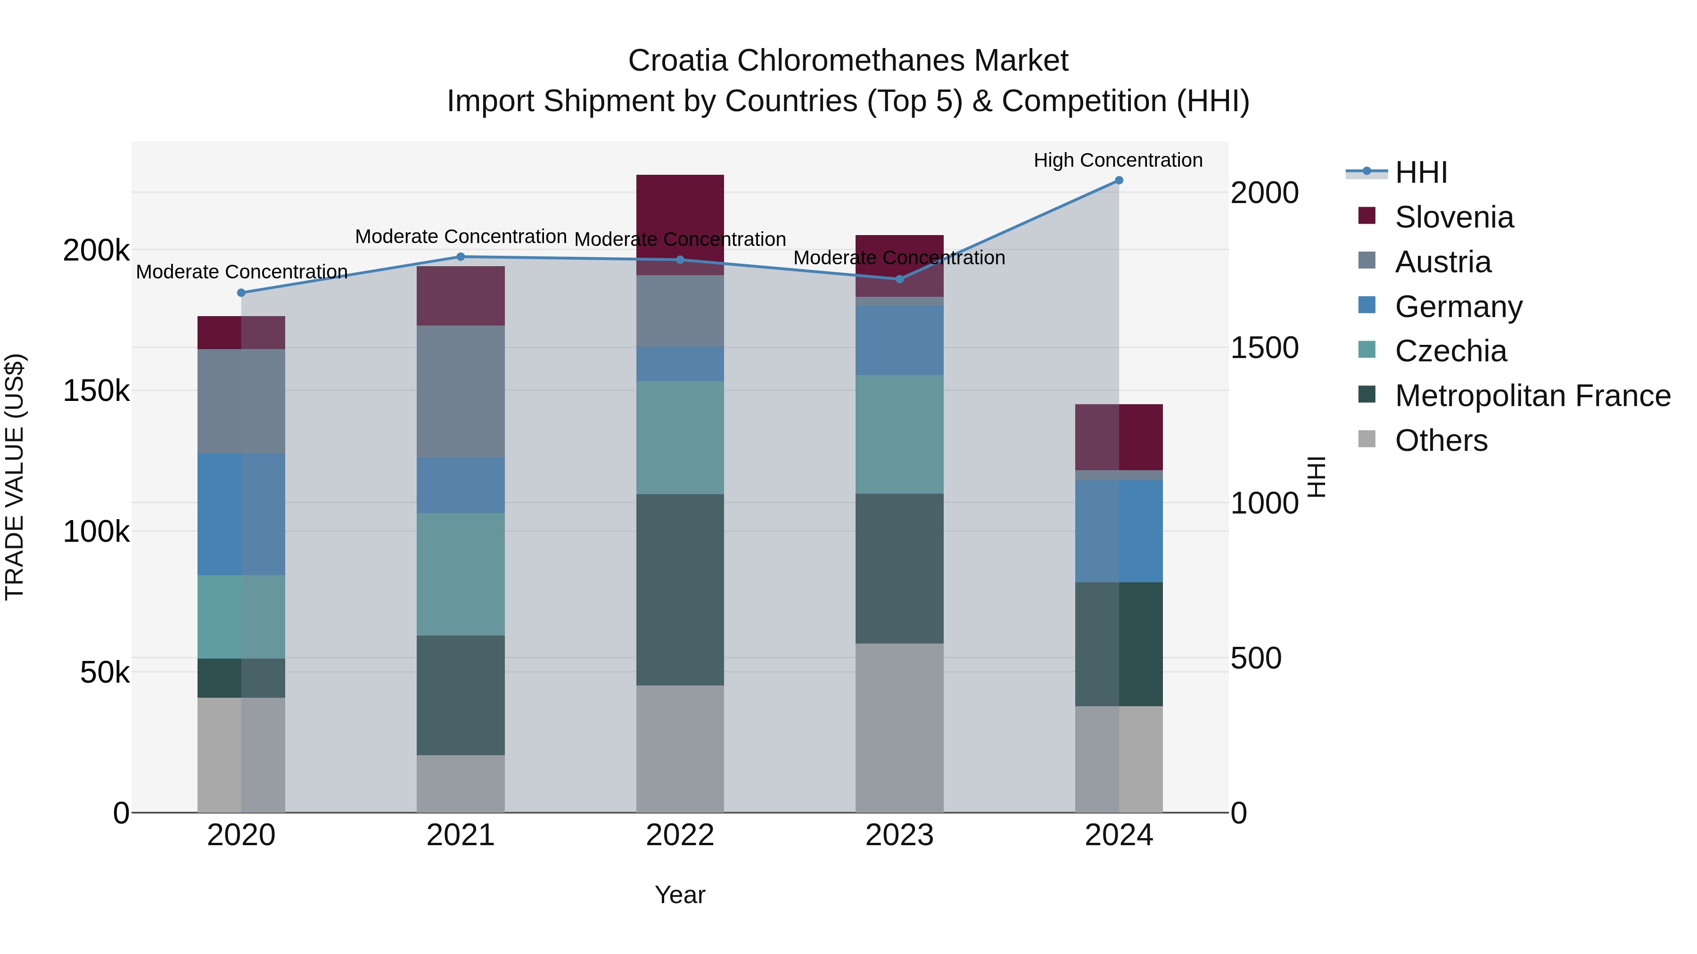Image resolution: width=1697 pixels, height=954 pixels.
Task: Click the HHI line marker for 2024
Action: (1119, 180)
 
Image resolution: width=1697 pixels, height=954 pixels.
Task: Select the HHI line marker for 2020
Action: (241, 293)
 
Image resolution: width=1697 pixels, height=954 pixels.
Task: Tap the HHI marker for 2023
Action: (899, 279)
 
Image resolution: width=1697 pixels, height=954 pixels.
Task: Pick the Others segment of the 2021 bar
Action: (461, 783)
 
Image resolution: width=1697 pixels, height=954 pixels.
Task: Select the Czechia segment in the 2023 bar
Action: (899, 434)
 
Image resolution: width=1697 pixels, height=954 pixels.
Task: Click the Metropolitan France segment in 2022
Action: (680, 589)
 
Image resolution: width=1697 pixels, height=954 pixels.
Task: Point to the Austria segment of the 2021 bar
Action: (461, 392)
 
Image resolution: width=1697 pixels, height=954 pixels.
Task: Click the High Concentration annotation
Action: (1118, 160)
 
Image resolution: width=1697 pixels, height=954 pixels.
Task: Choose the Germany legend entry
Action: (1458, 307)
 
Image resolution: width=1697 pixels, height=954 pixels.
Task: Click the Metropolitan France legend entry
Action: (1532, 396)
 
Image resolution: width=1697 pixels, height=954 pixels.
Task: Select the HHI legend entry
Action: (1421, 172)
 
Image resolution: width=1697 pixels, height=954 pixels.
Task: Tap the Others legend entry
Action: (1441, 440)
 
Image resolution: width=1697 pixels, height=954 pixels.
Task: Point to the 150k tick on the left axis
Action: (96, 391)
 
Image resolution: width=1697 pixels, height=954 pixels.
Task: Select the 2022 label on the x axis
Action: (680, 835)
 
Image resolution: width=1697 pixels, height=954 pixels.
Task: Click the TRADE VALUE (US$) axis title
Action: (15, 477)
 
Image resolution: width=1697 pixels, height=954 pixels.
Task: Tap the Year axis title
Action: (680, 895)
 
